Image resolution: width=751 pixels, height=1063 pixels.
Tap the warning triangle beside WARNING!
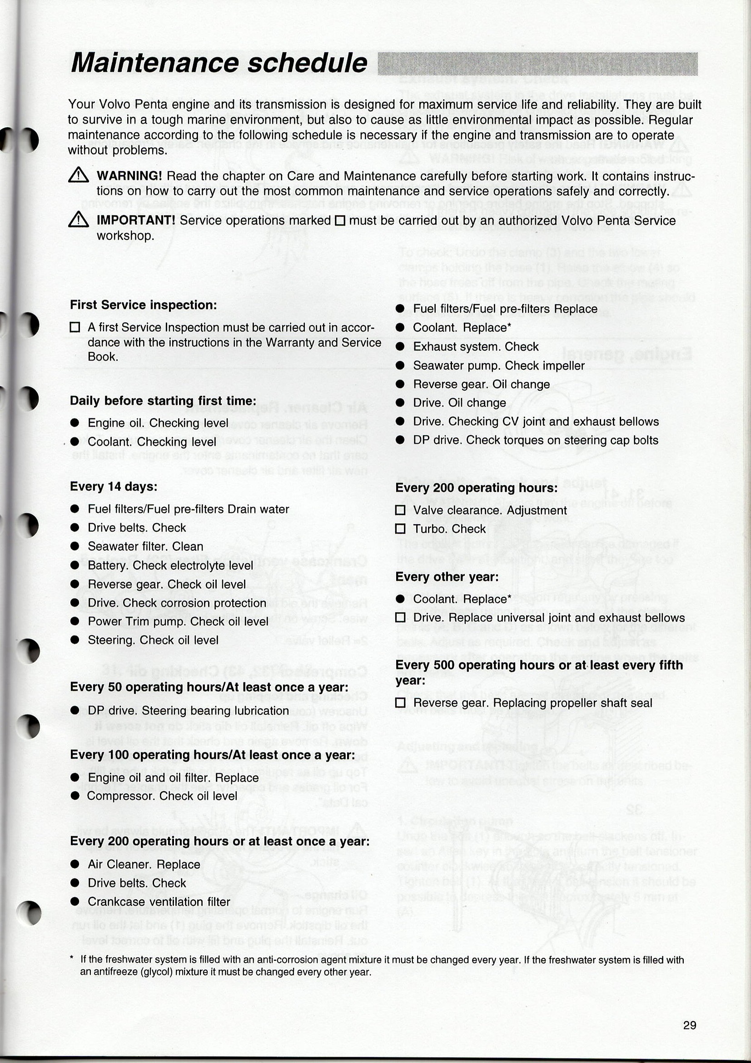click(x=78, y=175)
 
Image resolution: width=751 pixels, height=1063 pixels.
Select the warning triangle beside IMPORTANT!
click(x=78, y=220)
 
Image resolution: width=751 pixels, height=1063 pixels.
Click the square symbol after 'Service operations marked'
click(x=340, y=221)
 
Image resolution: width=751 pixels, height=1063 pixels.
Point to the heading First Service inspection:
click(x=144, y=305)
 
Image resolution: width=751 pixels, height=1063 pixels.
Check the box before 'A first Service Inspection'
click(x=75, y=328)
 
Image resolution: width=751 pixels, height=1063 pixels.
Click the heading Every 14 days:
click(x=114, y=486)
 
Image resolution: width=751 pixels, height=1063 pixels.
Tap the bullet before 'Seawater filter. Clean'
click(x=75, y=547)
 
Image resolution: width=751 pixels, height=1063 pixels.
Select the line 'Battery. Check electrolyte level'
click(x=170, y=565)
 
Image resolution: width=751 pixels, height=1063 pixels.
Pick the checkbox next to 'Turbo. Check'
click(x=401, y=529)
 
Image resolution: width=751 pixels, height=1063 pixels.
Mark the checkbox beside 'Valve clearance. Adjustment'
click(x=401, y=511)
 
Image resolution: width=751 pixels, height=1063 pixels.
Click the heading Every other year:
click(x=447, y=577)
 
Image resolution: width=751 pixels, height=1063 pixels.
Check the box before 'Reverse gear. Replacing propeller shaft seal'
click(x=401, y=703)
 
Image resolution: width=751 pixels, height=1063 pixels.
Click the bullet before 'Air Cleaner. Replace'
click(x=75, y=864)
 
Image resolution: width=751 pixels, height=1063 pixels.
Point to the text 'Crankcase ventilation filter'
click(x=159, y=902)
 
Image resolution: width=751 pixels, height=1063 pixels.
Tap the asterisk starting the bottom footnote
click(x=72, y=959)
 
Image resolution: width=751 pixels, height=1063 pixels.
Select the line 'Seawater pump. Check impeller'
click(x=498, y=366)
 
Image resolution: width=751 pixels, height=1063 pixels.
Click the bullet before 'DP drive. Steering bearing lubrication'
click(x=75, y=711)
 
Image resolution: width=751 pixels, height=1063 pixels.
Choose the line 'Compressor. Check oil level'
click(x=162, y=796)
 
